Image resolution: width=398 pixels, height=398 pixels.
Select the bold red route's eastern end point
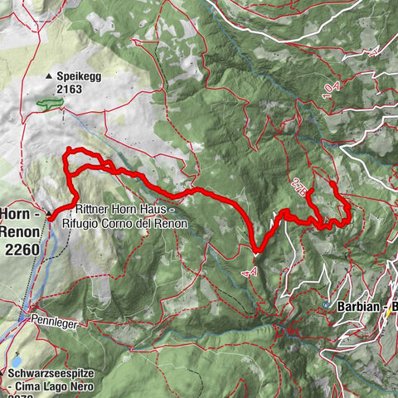(x=331, y=182)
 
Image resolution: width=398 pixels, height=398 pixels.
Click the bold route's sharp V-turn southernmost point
(x=253, y=245)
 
